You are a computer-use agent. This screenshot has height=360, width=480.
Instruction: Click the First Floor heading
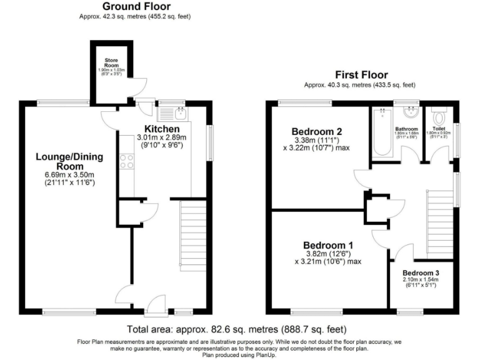pos(361,74)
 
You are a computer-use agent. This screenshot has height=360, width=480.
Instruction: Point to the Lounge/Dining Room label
pos(69,162)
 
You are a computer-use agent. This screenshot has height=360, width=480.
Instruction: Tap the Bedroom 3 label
pos(421,273)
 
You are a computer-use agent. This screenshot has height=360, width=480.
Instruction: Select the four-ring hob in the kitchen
pos(126,161)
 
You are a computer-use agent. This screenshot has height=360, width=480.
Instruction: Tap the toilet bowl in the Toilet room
pos(439,117)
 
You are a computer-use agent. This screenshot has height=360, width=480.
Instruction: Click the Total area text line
pos(237,329)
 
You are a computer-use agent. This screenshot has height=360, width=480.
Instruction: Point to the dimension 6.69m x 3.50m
pos(69,176)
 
